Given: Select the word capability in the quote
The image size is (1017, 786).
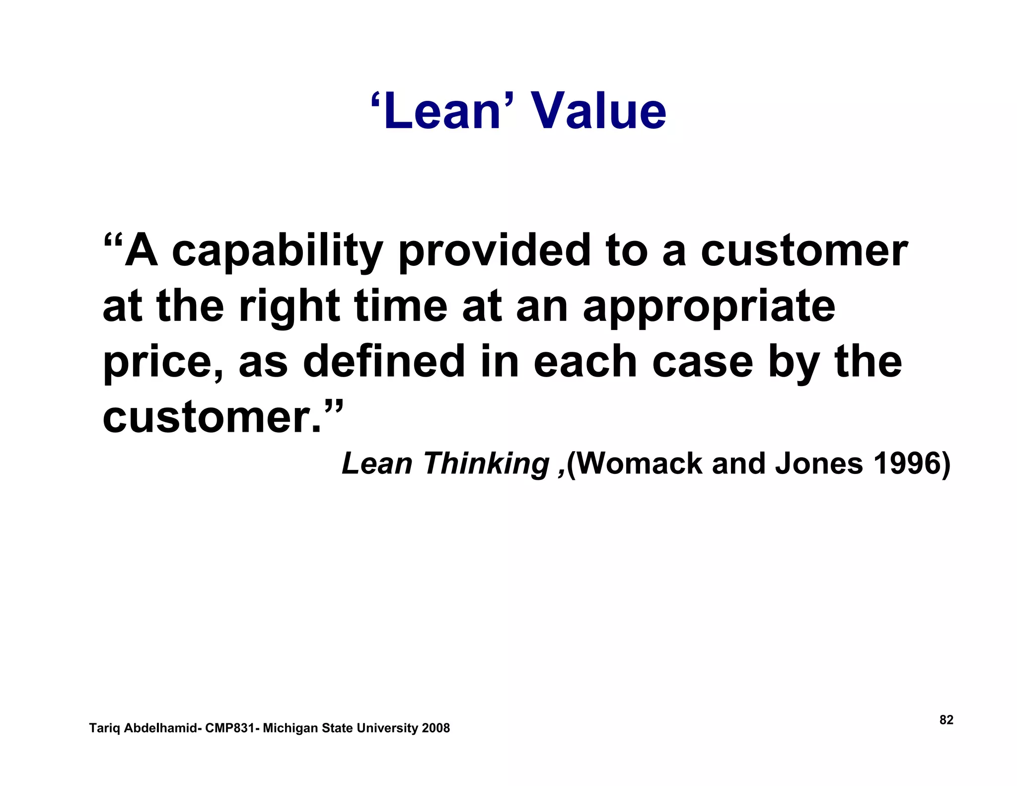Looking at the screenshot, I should [278, 252].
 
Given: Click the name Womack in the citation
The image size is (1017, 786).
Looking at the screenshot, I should [640, 463].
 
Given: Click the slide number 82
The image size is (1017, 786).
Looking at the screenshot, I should [946, 720].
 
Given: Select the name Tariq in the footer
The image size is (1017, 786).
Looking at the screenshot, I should [105, 728].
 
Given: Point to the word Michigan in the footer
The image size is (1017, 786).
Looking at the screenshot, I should [290, 728].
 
